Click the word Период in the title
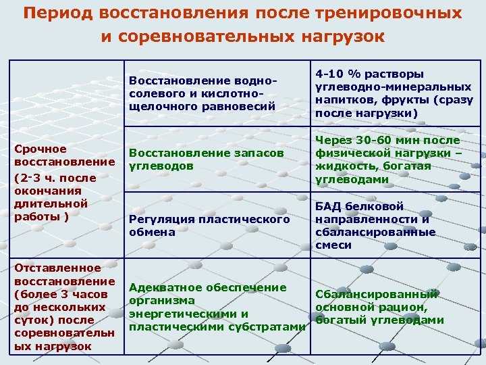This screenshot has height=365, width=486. point(58,14)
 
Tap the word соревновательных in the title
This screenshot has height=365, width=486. point(207,36)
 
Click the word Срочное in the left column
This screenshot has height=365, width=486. point(40,149)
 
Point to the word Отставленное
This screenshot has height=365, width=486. point(57,268)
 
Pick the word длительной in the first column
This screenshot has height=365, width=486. point(51,204)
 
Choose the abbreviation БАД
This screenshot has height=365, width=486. point(328,206)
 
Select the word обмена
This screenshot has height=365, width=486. point(152,233)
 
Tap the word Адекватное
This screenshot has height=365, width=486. point(165,288)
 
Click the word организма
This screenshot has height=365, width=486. point(162,301)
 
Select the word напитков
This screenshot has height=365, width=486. point(346,100)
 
